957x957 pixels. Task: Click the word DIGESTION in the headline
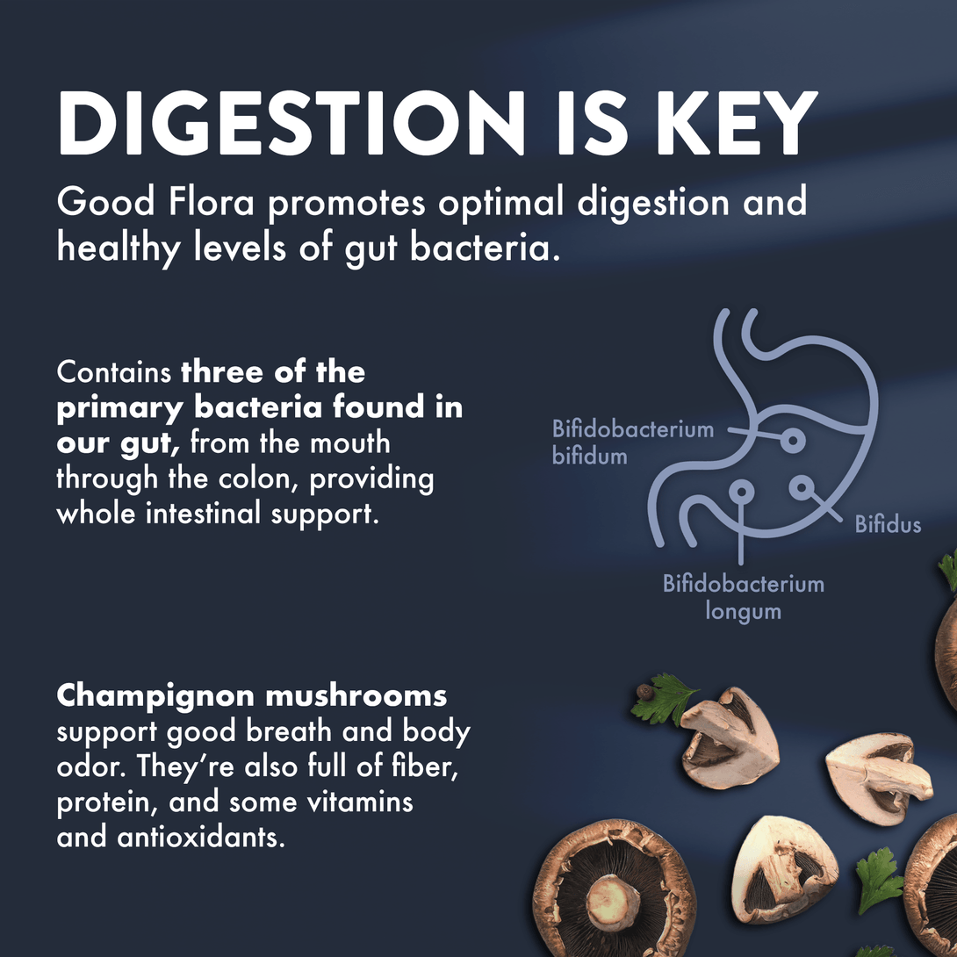point(291,123)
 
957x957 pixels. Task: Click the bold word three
point(223,371)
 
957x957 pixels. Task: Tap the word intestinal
point(203,514)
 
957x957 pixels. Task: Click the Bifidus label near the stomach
point(888,524)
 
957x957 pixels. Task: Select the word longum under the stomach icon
point(743,612)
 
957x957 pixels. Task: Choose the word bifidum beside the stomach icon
point(590,456)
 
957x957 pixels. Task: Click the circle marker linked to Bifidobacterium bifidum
point(793,440)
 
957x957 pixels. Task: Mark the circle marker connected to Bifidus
point(802,487)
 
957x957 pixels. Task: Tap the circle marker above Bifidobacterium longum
point(741,490)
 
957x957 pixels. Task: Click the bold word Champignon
point(155,696)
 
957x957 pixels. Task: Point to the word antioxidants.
point(201,837)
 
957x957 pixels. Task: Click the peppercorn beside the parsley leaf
point(644,692)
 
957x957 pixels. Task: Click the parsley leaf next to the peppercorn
point(666,701)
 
